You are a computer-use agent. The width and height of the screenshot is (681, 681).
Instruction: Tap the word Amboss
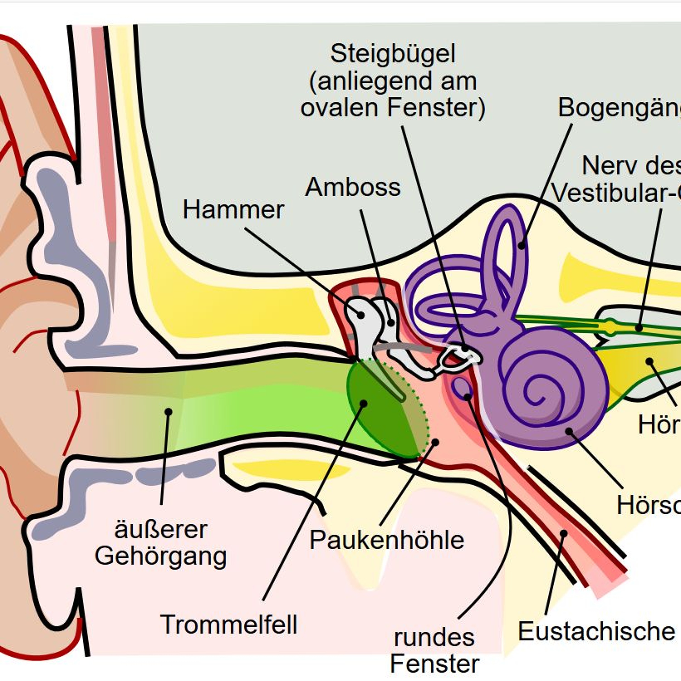coord(353,187)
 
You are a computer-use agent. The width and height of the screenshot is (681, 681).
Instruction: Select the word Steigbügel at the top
coord(393,54)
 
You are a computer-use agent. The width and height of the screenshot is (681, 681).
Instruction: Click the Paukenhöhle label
coord(387,540)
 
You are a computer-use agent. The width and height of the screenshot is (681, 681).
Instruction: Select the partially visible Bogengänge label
coord(619,108)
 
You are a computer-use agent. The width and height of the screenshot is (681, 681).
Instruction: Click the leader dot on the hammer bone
coord(361,315)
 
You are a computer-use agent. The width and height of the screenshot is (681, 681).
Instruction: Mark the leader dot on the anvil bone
coord(390,322)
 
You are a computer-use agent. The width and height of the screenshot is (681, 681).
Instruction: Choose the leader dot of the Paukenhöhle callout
coord(435,442)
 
